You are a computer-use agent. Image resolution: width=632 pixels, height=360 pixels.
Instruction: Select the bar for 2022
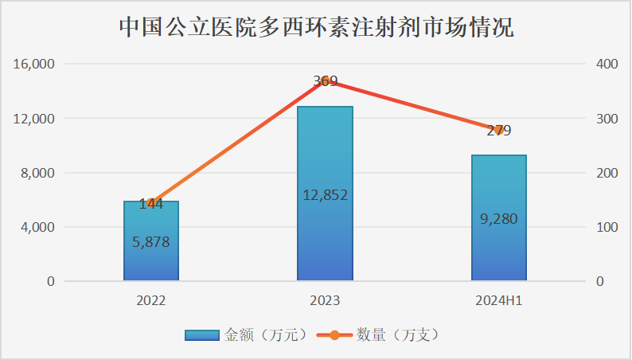(x=151, y=255)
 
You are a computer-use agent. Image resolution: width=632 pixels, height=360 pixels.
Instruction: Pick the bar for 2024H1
(x=498, y=247)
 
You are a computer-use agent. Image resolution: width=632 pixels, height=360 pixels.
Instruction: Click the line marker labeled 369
(x=325, y=80)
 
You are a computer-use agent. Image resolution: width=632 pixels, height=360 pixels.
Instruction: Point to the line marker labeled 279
(x=498, y=130)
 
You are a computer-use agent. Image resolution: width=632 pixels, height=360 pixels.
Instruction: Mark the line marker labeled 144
(x=151, y=203)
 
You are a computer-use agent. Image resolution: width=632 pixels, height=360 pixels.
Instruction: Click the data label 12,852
(x=325, y=195)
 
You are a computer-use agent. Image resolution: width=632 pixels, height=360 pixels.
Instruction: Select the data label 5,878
(x=151, y=242)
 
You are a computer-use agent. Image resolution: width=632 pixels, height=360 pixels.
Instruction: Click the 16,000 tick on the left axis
(x=34, y=64)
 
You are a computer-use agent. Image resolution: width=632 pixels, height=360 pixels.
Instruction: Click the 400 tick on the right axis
(x=606, y=64)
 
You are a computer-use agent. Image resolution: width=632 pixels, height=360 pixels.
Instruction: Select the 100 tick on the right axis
(x=606, y=227)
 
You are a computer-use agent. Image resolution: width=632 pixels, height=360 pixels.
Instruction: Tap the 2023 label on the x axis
(x=325, y=301)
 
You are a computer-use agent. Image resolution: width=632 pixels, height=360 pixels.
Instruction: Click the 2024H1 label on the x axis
(x=498, y=301)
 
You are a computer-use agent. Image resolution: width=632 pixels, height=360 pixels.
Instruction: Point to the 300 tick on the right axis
(x=606, y=119)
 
